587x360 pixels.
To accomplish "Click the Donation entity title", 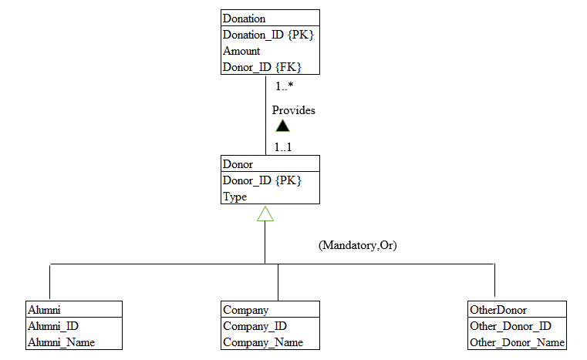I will [244, 19].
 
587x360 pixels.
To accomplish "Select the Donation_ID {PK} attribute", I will [268, 35].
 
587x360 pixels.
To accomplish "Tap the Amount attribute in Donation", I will [241, 51].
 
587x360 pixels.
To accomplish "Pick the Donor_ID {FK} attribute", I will [262, 67].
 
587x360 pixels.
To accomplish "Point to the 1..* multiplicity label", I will [285, 87].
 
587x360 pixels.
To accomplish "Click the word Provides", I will [294, 110].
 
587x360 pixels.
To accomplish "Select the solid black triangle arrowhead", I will [282, 126].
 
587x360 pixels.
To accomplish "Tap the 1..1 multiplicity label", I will [283, 146].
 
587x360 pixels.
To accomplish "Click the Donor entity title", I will [238, 164].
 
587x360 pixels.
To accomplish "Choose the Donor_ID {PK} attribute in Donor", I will [261, 180].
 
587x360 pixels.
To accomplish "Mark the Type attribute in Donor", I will [235, 197].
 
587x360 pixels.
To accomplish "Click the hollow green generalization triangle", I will [265, 214].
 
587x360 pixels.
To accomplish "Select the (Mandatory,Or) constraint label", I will [358, 245].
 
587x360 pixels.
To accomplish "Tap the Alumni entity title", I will [44, 310].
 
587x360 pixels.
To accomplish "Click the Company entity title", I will [246, 310].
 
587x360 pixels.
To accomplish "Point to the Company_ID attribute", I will [255, 326].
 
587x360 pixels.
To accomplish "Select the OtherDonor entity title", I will [498, 310].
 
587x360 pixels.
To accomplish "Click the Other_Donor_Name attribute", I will [517, 342].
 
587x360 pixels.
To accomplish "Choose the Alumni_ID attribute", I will [53, 326].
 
